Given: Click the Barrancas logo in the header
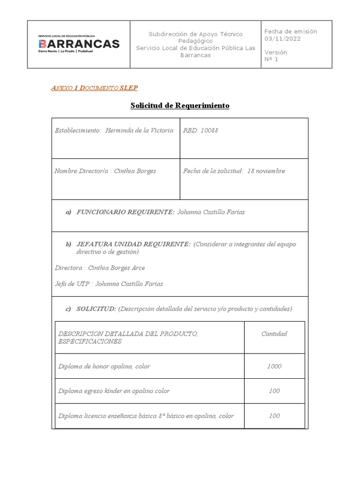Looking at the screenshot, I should [x=78, y=45].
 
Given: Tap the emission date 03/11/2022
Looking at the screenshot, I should [x=283, y=39].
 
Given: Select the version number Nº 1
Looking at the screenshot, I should [x=271, y=59].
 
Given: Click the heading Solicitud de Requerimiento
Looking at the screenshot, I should [x=180, y=105].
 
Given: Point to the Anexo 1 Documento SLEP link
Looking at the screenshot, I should [x=94, y=88].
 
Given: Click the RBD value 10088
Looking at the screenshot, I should [x=209, y=131].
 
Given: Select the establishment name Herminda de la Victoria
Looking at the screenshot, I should [x=139, y=131].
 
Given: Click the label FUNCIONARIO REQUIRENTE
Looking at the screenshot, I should [x=125, y=212].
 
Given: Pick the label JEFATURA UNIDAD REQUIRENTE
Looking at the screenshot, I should [x=134, y=244].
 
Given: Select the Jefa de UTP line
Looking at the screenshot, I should [x=109, y=284].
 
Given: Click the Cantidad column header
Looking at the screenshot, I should [x=274, y=334].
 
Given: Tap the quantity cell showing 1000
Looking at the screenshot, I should [x=274, y=367].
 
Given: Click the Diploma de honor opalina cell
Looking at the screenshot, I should [x=104, y=367].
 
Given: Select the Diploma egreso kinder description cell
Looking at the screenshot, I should [x=114, y=391].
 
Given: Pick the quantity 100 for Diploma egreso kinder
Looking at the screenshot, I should [x=274, y=391].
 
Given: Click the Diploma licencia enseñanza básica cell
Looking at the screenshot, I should [x=146, y=416].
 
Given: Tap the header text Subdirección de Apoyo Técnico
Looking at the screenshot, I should [x=195, y=34].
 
